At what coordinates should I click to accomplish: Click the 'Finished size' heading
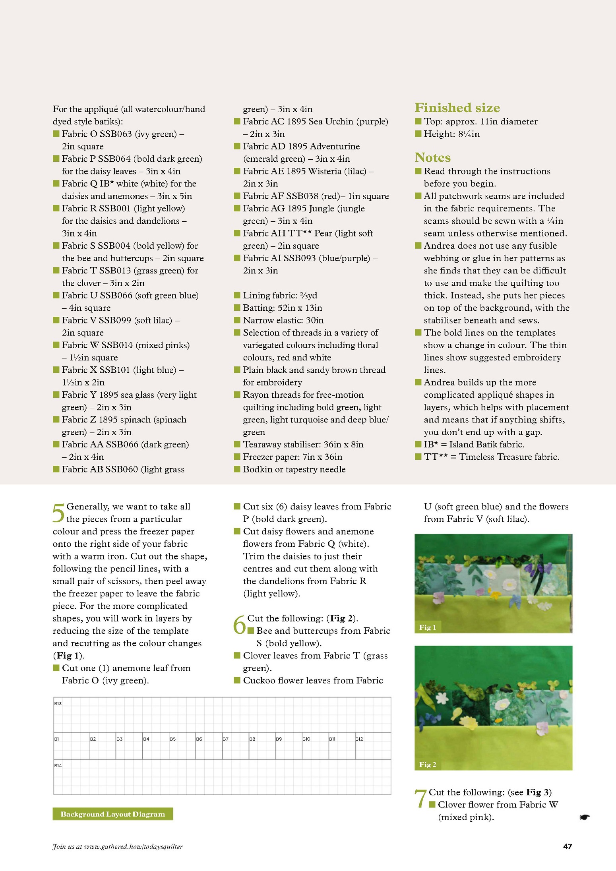(457, 108)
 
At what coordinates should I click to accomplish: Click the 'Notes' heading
(432, 157)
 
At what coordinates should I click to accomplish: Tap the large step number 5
(58, 513)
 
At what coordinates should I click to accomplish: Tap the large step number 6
(240, 624)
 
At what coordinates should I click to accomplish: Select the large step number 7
(420, 798)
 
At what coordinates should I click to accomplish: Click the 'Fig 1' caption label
(428, 627)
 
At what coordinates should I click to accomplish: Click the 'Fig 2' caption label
(428, 764)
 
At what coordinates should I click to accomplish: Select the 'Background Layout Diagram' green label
(112, 814)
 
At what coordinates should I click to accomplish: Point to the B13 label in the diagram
(58, 703)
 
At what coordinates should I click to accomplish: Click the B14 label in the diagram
(58, 765)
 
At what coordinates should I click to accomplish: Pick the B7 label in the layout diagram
(225, 739)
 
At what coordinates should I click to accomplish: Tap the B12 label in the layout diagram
(359, 739)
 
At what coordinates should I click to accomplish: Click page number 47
(568, 846)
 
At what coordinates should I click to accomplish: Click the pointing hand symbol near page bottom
(584, 817)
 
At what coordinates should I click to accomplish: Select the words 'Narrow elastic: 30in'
(283, 320)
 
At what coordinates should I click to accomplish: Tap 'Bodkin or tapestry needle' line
(294, 469)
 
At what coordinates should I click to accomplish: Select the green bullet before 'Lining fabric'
(237, 295)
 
